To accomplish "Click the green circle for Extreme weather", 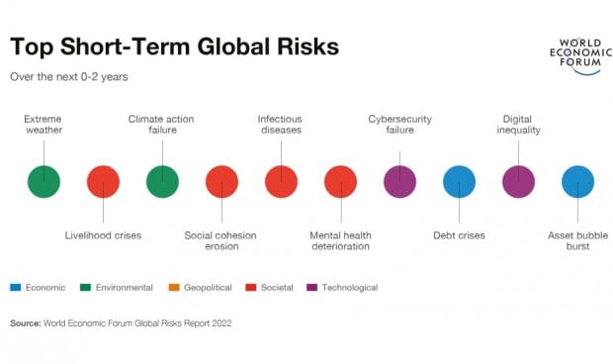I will click(44, 182).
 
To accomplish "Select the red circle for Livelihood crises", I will click(103, 182).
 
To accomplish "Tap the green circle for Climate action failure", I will click(162, 182).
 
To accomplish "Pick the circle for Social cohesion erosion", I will click(221, 182).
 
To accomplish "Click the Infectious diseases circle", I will click(281, 182).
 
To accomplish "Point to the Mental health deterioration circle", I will click(340, 182).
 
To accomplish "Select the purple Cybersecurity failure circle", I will click(399, 182).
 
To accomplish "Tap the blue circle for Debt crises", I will click(459, 182).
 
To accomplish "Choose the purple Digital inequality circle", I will click(518, 182).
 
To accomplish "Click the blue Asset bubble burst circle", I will click(577, 182).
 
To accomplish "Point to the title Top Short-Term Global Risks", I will click(174, 47).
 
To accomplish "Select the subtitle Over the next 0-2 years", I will click(68, 76).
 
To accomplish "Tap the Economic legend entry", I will click(40, 288).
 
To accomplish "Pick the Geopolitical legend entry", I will click(204, 288).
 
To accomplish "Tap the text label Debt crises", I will click(459, 235).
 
